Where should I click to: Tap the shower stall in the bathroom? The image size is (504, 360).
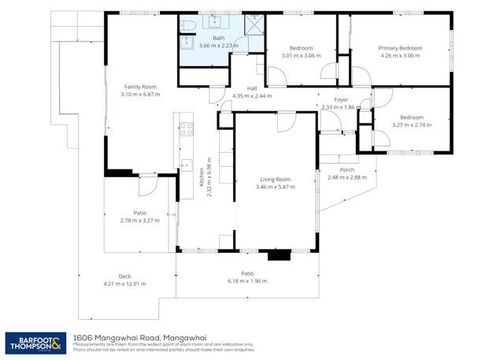pyautogui.click(x=254, y=25)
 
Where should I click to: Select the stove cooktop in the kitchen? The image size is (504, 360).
pyautogui.click(x=187, y=128)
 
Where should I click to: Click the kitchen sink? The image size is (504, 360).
pyautogui.click(x=187, y=165)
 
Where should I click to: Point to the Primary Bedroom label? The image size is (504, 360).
pyautogui.click(x=400, y=48)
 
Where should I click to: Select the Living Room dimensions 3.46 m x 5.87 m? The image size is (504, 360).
pyautogui.click(x=274, y=187)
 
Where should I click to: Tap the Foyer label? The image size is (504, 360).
pyautogui.click(x=340, y=99)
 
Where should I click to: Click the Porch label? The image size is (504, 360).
pyautogui.click(x=346, y=170)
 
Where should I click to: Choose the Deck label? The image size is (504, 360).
pyautogui.click(x=124, y=276)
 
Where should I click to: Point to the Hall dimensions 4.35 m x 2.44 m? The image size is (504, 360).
pyautogui.click(x=252, y=95)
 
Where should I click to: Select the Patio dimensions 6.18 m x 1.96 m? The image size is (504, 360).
pyautogui.click(x=247, y=280)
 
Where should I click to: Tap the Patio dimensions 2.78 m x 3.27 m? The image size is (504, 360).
pyautogui.click(x=140, y=221)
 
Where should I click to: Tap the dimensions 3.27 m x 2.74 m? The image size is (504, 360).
pyautogui.click(x=412, y=124)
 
